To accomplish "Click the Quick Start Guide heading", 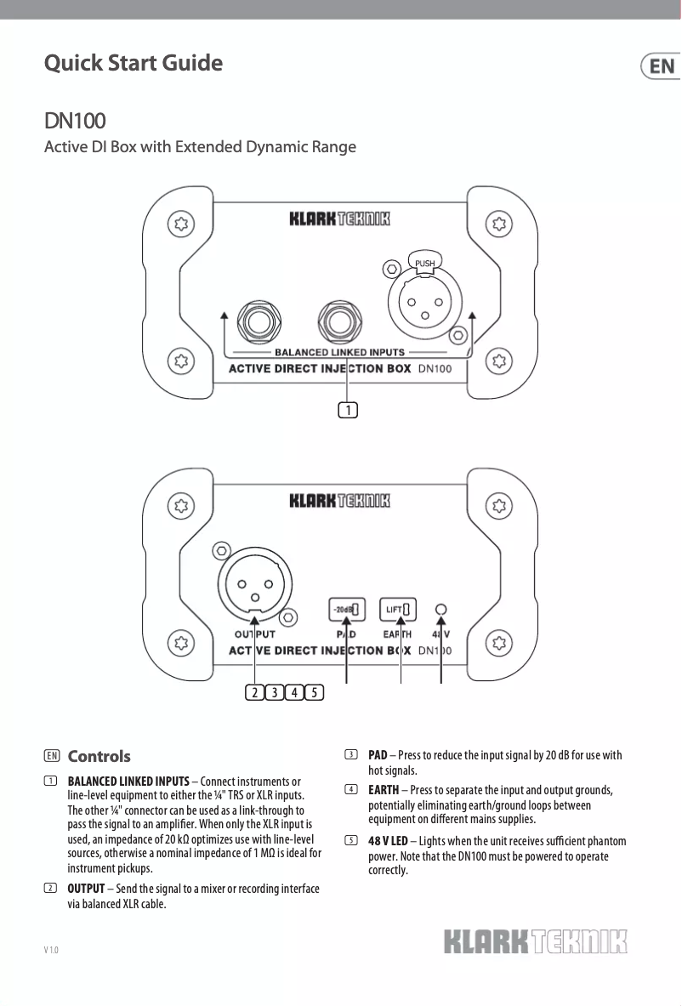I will (x=134, y=63).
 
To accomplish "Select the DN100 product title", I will (x=75, y=121).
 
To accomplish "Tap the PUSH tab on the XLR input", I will (x=424, y=263).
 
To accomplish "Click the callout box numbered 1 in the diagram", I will (x=347, y=411).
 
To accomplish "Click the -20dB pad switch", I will (x=346, y=609).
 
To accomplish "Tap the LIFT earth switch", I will (x=400, y=609).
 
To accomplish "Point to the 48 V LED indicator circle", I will (x=440, y=609).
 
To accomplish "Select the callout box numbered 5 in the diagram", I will (x=314, y=691).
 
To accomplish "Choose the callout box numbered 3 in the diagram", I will (x=274, y=691).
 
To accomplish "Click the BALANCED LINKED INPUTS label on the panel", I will (x=339, y=351).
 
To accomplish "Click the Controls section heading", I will (x=99, y=756).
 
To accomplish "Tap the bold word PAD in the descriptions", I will (x=378, y=755).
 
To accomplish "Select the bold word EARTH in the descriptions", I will (x=384, y=790).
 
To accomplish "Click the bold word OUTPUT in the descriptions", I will (x=86, y=889).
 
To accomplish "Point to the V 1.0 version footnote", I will (x=51, y=949).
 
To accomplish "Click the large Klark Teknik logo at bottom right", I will (x=536, y=942).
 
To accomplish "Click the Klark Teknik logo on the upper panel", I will (x=339, y=219).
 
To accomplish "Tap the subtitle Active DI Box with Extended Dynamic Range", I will (x=200, y=147).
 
